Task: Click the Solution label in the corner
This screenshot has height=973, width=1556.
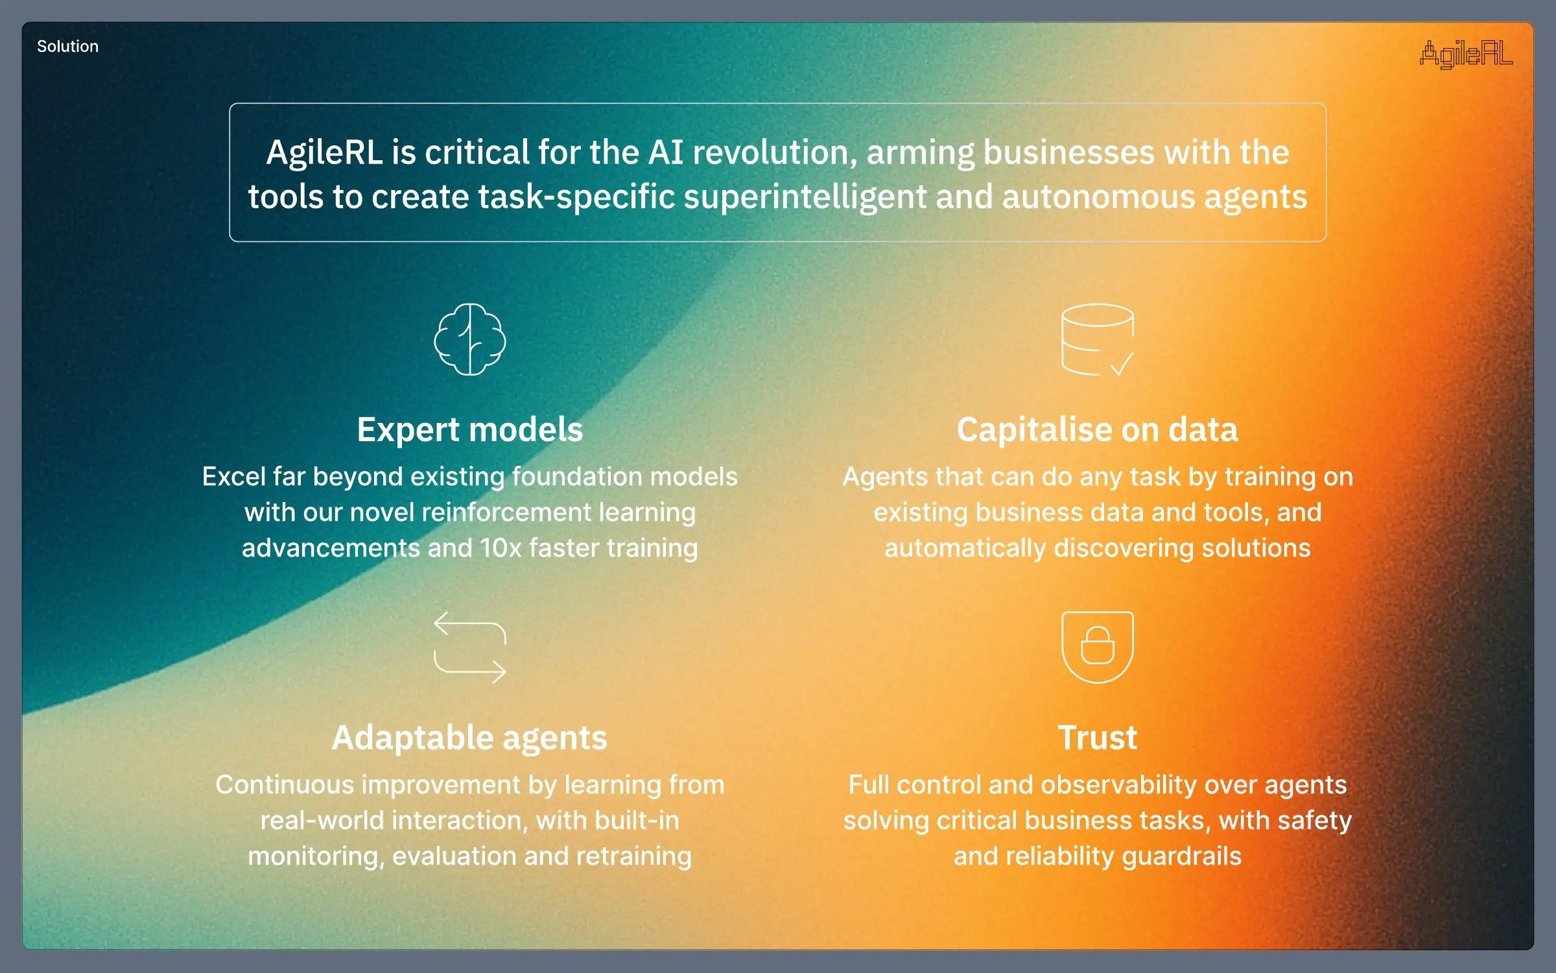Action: point(67,47)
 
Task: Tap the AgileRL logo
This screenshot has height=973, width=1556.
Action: point(1466,54)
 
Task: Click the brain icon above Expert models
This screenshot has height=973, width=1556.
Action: point(470,339)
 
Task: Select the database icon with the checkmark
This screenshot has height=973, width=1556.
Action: point(1097,339)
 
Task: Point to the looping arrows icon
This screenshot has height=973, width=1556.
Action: point(470,647)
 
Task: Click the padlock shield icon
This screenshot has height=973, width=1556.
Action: point(1097,647)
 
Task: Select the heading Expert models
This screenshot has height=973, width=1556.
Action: point(470,429)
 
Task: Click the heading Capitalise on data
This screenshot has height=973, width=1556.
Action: point(1097,429)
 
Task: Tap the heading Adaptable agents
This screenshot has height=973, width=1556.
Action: point(470,738)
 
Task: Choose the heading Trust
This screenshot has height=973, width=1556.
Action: point(1097,738)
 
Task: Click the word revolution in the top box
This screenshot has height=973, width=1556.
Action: point(774,152)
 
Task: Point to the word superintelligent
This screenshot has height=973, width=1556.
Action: point(805,197)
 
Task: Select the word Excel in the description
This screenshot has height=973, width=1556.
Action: point(233,477)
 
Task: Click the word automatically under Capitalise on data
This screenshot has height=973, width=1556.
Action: point(965,548)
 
